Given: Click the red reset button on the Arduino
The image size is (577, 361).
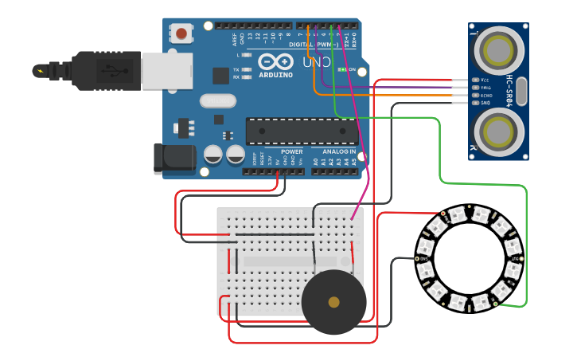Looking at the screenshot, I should point(182,33).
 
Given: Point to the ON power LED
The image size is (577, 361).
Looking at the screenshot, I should point(341,70).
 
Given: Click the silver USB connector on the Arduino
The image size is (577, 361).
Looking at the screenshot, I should point(167,70).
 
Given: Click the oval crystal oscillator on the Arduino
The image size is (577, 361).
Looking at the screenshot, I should point(218,101).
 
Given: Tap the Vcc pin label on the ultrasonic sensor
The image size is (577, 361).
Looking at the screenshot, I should point(484,80).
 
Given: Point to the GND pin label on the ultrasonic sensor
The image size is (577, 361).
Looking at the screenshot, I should point(484,103).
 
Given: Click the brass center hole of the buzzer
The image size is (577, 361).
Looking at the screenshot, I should point(333,302).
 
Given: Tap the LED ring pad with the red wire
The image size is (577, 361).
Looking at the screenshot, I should point(442,214).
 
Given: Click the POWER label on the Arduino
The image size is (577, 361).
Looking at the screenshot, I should point(292,151).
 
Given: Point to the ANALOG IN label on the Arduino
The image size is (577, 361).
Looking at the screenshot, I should point(339,151).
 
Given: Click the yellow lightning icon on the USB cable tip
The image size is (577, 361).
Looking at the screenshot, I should point(39,71).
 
